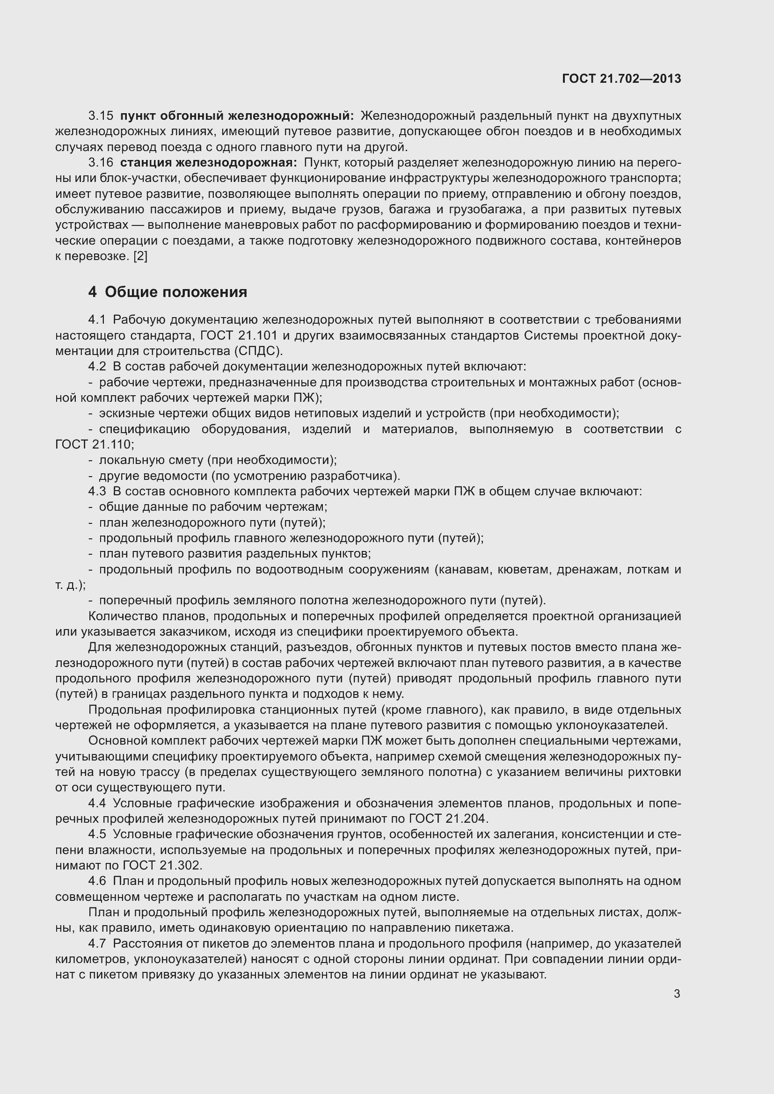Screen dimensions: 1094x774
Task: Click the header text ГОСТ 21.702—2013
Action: (x=621, y=79)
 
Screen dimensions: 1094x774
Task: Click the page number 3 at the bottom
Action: (x=677, y=994)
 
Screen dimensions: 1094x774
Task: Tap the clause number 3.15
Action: (x=101, y=116)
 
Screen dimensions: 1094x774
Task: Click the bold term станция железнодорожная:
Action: (x=208, y=163)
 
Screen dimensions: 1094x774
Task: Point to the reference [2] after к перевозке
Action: (x=140, y=256)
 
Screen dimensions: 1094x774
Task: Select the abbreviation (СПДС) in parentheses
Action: (x=258, y=351)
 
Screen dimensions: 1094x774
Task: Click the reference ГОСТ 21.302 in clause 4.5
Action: (x=162, y=866)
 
